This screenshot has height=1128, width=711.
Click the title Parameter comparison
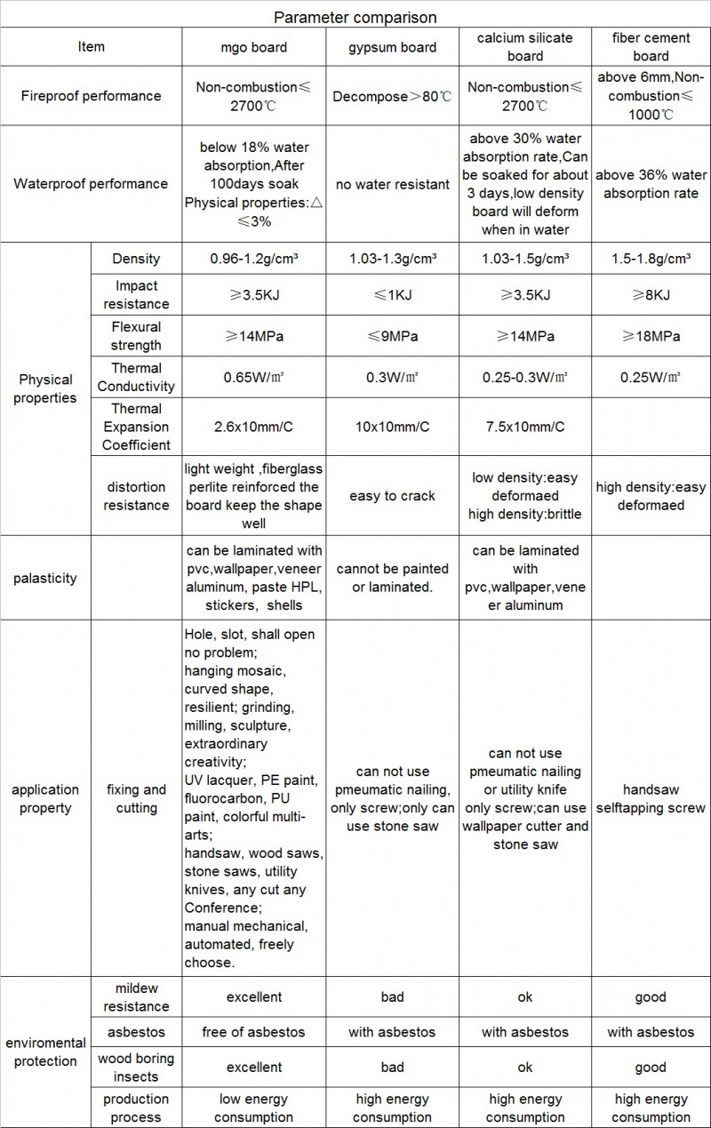(355, 17)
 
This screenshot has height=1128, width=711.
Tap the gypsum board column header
(391, 47)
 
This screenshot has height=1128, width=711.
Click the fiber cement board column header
(650, 47)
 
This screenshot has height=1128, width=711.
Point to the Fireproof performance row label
(91, 95)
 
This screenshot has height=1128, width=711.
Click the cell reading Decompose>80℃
(391, 96)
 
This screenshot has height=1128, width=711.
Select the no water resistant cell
(391, 184)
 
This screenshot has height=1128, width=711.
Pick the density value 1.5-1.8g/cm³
(650, 260)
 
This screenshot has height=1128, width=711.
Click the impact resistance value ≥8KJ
(650, 295)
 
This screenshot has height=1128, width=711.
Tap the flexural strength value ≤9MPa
(391, 336)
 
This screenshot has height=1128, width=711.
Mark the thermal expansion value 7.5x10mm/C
(524, 427)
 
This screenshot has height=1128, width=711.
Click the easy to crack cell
(391, 496)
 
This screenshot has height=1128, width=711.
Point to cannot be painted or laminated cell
(391, 578)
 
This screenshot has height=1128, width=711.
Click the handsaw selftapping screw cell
(650, 798)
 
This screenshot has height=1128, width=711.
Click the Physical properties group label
(46, 389)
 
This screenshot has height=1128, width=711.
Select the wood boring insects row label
(136, 1068)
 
